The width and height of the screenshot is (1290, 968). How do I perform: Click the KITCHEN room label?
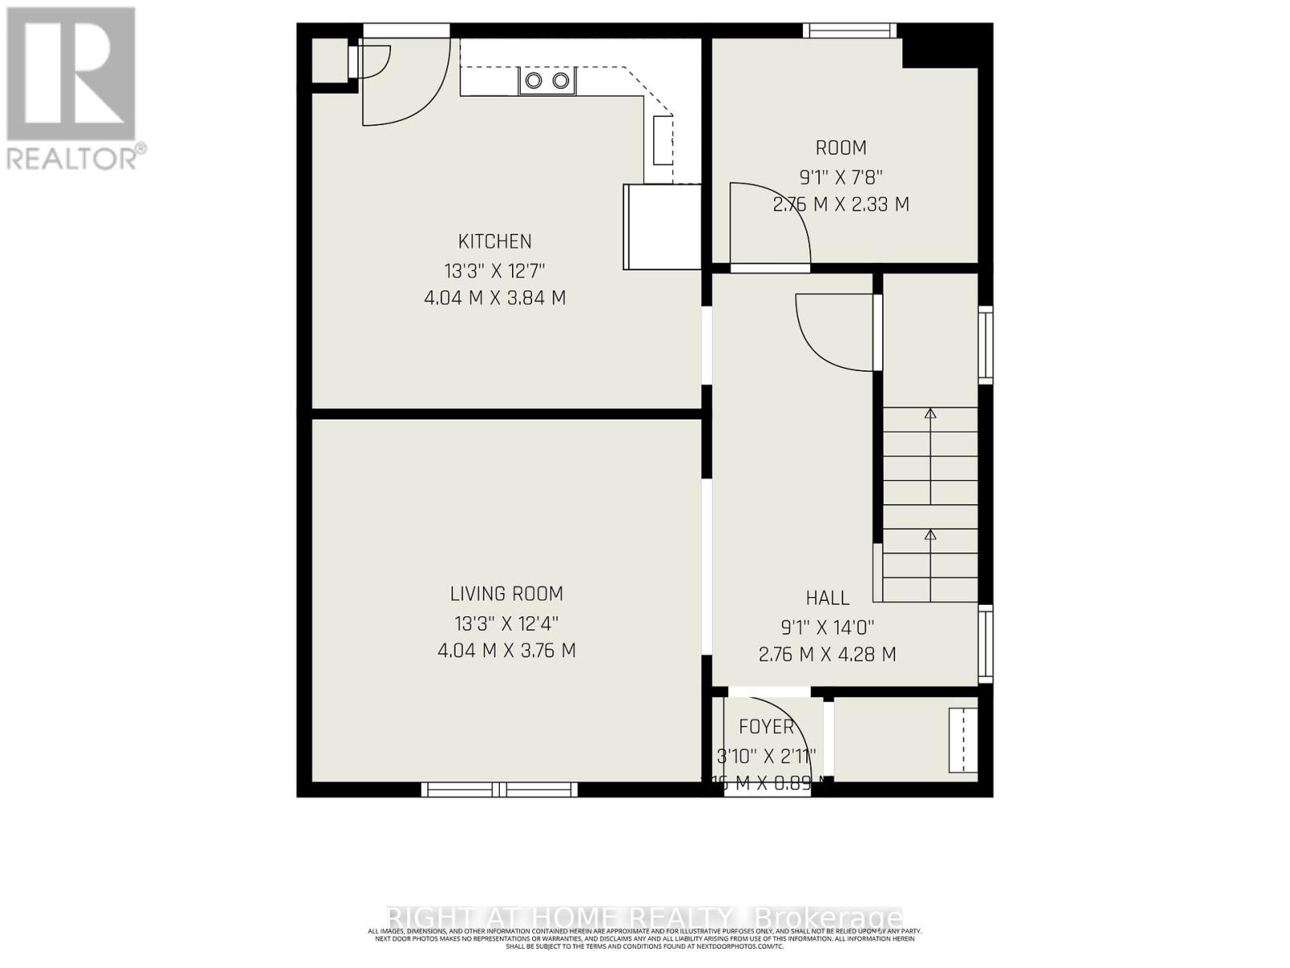click(494, 241)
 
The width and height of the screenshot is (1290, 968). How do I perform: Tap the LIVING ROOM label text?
click(506, 594)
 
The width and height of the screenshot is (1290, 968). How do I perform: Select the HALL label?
click(827, 598)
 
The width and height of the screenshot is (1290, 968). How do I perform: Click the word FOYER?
click(766, 727)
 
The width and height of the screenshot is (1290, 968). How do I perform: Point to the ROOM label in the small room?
click(841, 148)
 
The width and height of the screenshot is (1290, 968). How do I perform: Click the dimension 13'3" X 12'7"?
click(494, 269)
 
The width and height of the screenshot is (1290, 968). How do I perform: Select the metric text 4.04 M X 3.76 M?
click(506, 650)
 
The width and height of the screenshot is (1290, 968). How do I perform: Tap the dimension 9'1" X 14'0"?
click(827, 626)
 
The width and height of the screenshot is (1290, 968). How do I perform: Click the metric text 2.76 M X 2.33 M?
click(841, 204)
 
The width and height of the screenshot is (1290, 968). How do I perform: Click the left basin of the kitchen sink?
click(534, 80)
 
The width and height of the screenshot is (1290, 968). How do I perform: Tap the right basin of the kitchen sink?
click(560, 80)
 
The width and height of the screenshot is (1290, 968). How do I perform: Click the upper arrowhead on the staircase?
click(930, 413)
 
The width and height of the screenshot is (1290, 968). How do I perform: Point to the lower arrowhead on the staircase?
click(930, 534)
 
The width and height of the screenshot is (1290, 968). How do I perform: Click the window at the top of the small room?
click(849, 31)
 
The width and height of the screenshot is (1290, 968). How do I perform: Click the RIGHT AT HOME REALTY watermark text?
click(645, 917)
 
